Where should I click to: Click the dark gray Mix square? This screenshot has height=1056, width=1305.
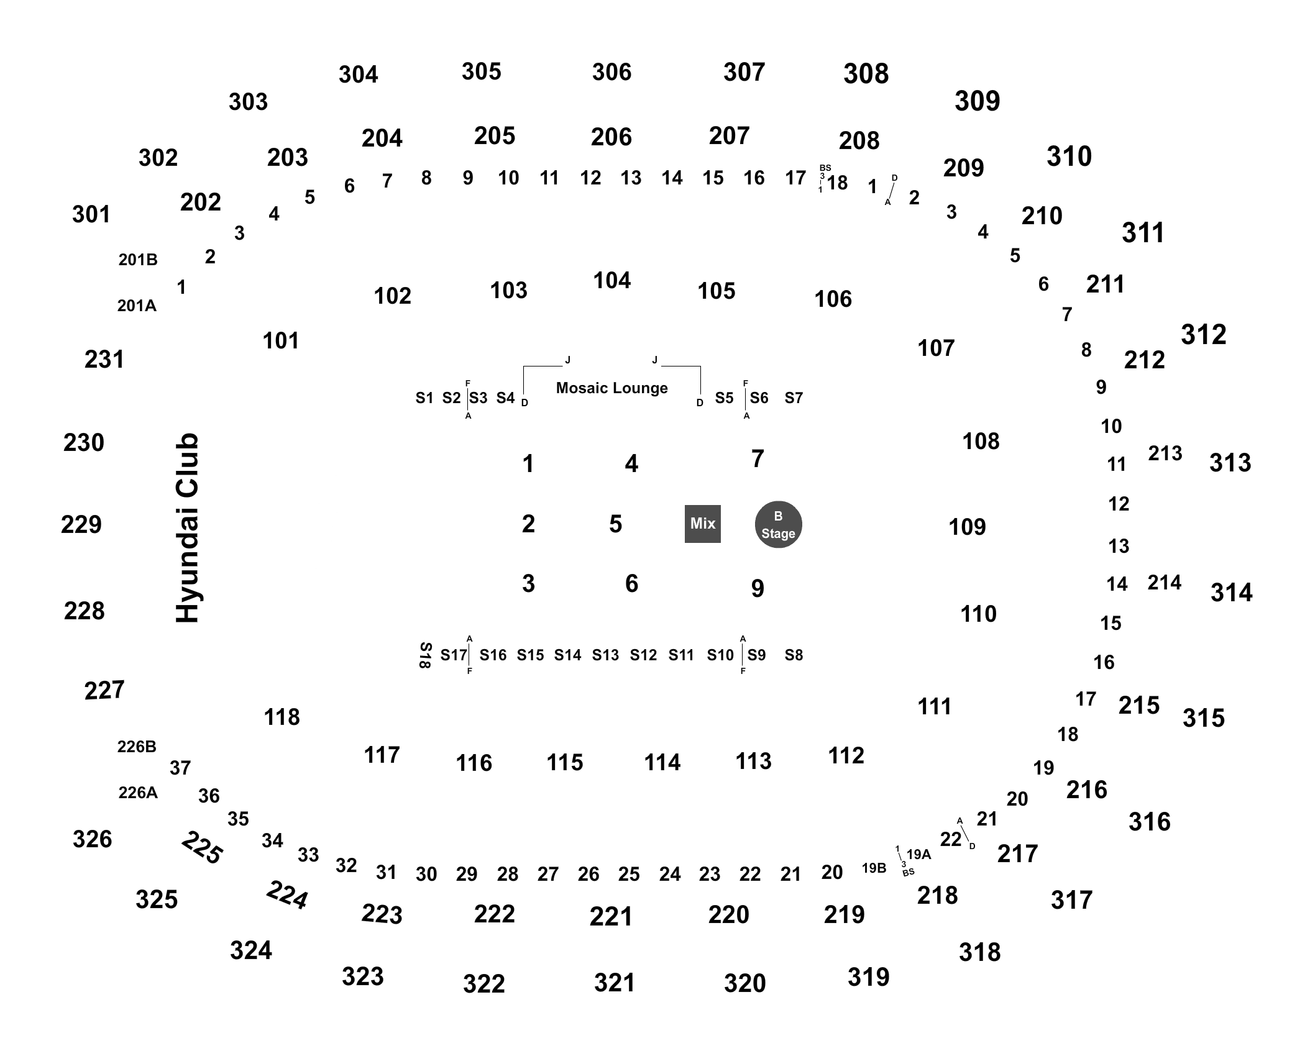pyautogui.click(x=702, y=524)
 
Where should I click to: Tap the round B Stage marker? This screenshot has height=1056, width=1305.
pyautogui.click(x=778, y=525)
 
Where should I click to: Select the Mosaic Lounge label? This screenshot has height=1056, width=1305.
pyautogui.click(x=611, y=388)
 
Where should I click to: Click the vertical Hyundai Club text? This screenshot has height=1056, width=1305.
pyautogui.click(x=187, y=527)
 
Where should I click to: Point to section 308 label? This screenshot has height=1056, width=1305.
pyautogui.click(x=866, y=74)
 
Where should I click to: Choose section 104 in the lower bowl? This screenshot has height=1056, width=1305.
pyautogui.click(x=611, y=281)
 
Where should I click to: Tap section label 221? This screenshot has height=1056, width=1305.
pyautogui.click(x=611, y=916)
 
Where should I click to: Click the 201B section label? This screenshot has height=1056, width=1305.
pyautogui.click(x=138, y=260)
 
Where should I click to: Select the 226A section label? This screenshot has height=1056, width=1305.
pyautogui.click(x=138, y=793)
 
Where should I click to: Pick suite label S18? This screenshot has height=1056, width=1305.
pyautogui.click(x=425, y=655)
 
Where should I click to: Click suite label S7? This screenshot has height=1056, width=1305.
pyautogui.click(x=794, y=398)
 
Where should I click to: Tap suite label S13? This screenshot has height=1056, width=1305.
pyautogui.click(x=605, y=655)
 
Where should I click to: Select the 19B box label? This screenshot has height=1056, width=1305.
pyautogui.click(x=874, y=868)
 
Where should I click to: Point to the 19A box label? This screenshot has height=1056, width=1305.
pyautogui.click(x=918, y=854)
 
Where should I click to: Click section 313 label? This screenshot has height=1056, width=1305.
pyautogui.click(x=1230, y=463)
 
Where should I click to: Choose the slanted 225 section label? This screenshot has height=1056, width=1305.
pyautogui.click(x=202, y=848)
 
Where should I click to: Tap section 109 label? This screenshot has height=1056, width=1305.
pyautogui.click(x=967, y=527)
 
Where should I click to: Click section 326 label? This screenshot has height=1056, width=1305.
pyautogui.click(x=92, y=839)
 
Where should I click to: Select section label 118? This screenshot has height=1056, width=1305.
pyautogui.click(x=282, y=717)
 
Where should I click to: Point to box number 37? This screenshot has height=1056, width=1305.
pyautogui.click(x=180, y=768)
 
